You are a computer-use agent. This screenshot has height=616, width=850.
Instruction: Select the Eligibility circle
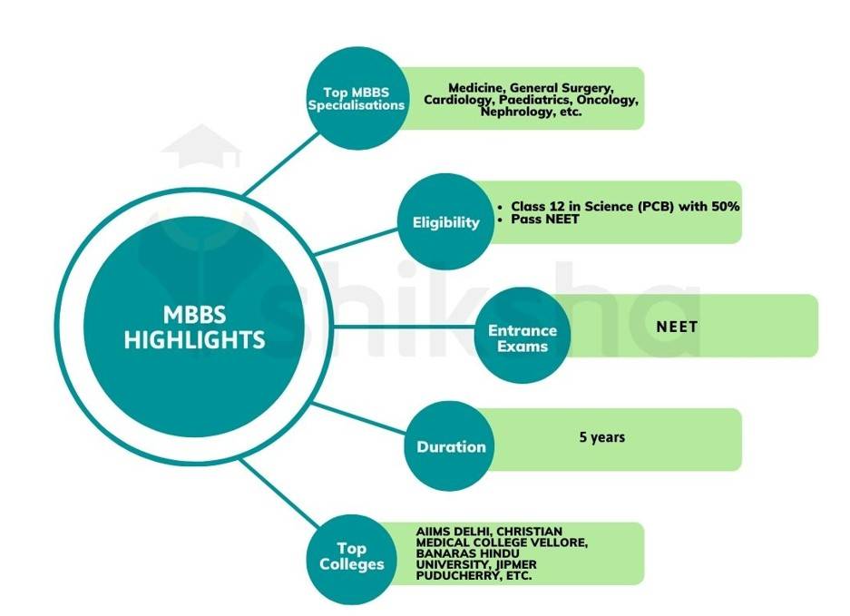coord(446,221)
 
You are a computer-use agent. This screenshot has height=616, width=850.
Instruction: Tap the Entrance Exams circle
coord(523,337)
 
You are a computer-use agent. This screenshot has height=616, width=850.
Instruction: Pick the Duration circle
coord(451,445)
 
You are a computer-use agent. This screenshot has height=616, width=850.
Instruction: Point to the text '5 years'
coord(602,437)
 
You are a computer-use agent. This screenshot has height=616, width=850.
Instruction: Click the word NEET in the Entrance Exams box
coord(677,325)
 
